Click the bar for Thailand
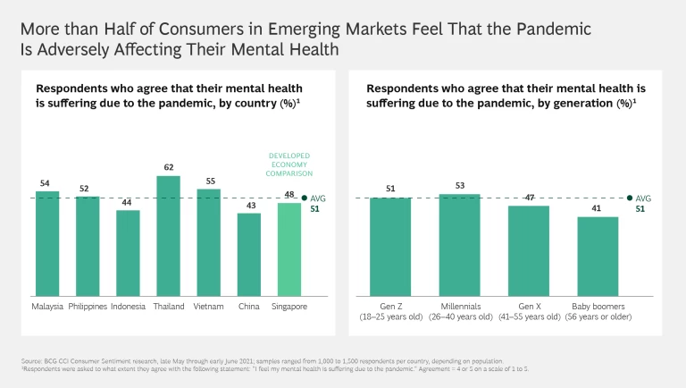tap(168, 236)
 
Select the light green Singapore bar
tap(289, 249)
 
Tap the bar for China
tap(249, 255)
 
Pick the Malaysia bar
tap(46, 243)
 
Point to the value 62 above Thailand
tap(168, 167)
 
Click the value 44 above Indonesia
tap(128, 202)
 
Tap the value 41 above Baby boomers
tap(598, 208)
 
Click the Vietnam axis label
tap(208, 307)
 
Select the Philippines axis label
tap(87, 307)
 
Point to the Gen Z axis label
tap(390, 307)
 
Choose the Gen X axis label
tap(529, 307)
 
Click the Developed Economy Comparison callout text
tap(289, 165)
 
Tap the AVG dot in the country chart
tap(305, 198)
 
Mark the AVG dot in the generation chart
tap(630, 198)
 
